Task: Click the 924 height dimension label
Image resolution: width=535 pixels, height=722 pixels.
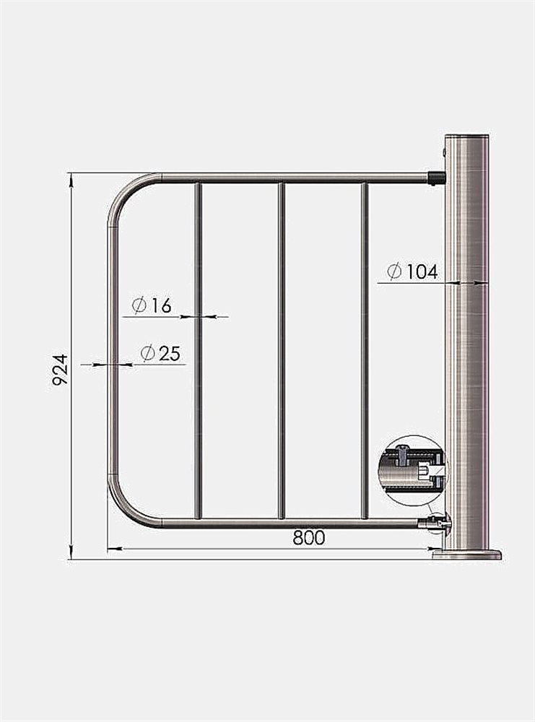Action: tap(61, 370)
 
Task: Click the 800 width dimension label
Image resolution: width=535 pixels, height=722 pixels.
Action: tap(309, 537)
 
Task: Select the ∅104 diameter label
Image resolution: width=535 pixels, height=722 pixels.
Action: tap(412, 271)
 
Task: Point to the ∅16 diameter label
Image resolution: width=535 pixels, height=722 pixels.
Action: tap(152, 305)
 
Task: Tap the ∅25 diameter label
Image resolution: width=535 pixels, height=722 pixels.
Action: tap(160, 353)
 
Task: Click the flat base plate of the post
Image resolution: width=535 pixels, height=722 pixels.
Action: tap(467, 554)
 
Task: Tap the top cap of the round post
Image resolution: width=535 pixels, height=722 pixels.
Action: tap(466, 136)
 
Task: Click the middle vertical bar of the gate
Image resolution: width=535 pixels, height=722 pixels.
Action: tap(282, 351)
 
